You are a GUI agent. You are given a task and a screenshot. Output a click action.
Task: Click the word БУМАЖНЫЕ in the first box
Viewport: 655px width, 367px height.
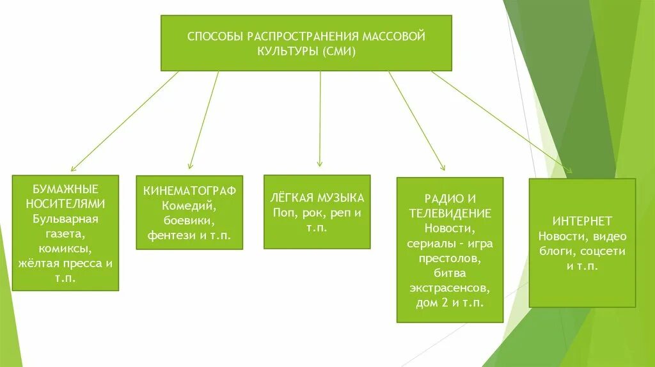[66, 190]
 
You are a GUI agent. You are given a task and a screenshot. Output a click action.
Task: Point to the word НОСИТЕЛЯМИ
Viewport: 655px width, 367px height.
[66, 204]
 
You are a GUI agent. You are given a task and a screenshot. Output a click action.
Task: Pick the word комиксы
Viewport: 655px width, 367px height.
[66, 247]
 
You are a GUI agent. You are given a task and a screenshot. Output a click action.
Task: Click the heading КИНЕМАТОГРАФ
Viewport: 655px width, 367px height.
[189, 191]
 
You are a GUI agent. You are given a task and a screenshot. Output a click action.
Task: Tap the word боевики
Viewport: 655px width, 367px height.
[189, 221]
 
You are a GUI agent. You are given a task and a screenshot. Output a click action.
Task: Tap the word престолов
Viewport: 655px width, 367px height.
[449, 258]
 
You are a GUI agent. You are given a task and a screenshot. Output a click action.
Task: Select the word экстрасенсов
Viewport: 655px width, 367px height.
[449, 287]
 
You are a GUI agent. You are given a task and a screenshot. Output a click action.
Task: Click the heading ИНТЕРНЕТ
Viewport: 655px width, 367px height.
[583, 221]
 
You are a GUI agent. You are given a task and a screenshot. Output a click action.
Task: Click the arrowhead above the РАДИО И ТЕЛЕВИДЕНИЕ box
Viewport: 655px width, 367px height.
[441, 168]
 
